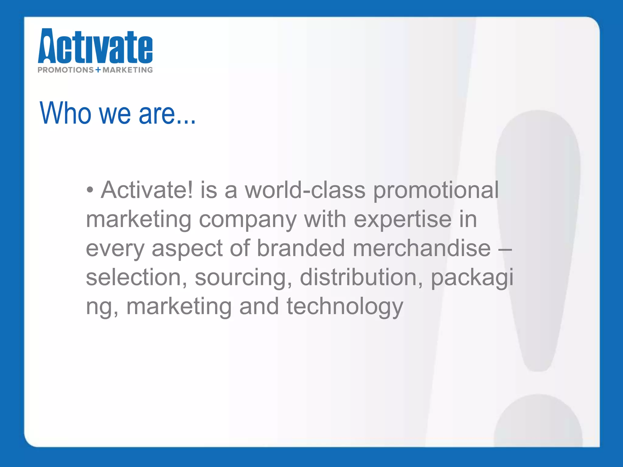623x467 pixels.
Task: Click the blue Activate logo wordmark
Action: pyautogui.click(x=95, y=46)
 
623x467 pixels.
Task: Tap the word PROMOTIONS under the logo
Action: pyautogui.click(x=66, y=70)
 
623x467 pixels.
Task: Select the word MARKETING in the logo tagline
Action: pyautogui.click(x=128, y=70)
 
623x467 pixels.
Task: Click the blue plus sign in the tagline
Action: pyautogui.click(x=98, y=70)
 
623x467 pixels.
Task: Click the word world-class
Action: pyautogui.click(x=305, y=190)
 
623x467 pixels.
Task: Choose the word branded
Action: pyautogui.click(x=301, y=248)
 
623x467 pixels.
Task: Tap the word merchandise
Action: pyautogui.click(x=422, y=248)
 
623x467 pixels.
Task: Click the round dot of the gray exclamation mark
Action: pyautogui.click(x=538, y=423)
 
